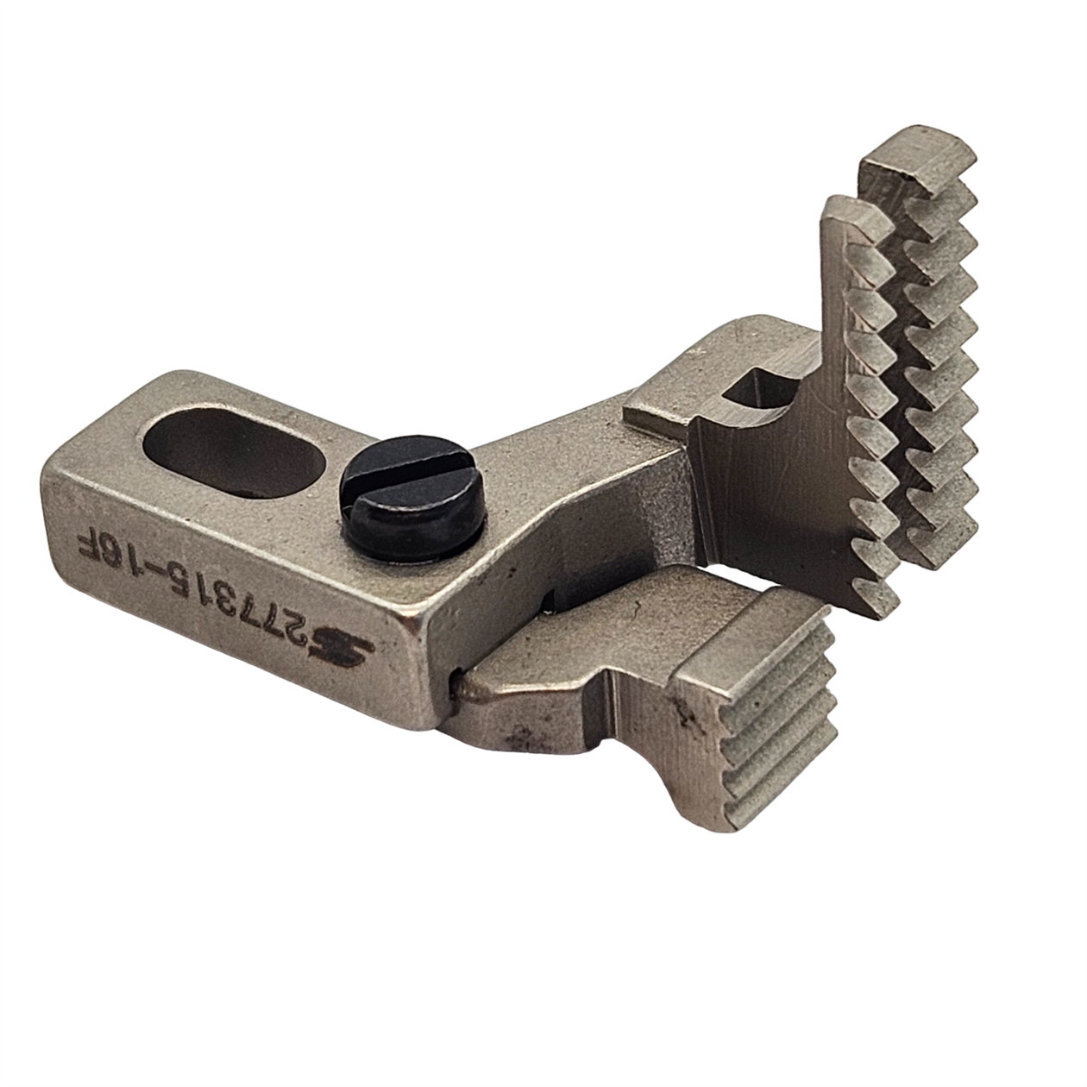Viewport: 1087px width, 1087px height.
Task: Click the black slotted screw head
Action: [x=416, y=496]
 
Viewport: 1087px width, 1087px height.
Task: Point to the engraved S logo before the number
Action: [x=349, y=653]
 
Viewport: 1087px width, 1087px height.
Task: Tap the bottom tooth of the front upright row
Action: [x=874, y=598]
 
